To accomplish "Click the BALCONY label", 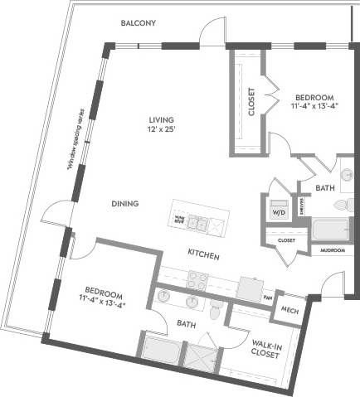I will click(138, 23).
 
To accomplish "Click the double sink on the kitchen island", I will click(197, 221).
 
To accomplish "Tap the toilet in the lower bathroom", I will click(215, 311).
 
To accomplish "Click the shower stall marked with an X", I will click(202, 357).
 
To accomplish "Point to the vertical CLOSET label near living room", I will click(251, 100).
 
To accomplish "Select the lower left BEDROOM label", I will click(102, 298).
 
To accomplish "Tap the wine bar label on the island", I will click(179, 219).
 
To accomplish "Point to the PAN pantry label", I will click(267, 297).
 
